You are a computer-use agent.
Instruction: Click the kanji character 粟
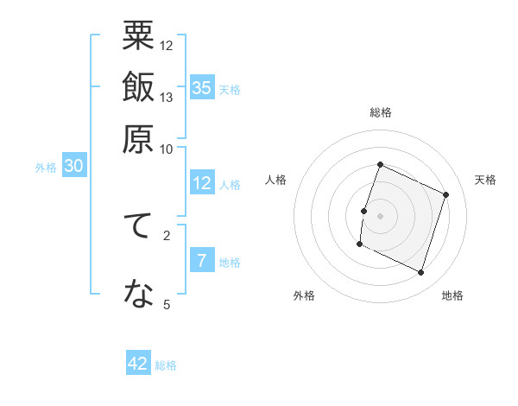click(138, 39)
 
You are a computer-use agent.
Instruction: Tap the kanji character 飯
click(138, 88)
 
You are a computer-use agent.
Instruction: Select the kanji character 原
click(138, 138)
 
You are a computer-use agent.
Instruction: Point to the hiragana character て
click(138, 228)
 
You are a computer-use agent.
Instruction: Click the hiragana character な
click(138, 295)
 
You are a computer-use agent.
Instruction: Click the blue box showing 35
click(202, 87)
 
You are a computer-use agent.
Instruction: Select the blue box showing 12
click(202, 183)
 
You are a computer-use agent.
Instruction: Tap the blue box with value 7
click(202, 261)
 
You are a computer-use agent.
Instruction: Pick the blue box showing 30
click(73, 167)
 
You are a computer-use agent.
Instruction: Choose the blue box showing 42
click(138, 364)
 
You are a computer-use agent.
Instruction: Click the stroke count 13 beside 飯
click(167, 97)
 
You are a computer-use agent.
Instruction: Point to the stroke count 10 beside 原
click(167, 148)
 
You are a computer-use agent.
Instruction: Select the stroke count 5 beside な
click(167, 304)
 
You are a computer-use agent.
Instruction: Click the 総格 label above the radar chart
click(381, 112)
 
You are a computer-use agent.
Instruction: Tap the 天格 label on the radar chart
click(485, 180)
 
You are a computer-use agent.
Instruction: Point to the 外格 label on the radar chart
click(304, 296)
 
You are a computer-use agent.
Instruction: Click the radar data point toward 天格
click(446, 194)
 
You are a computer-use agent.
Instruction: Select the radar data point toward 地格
click(421, 273)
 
